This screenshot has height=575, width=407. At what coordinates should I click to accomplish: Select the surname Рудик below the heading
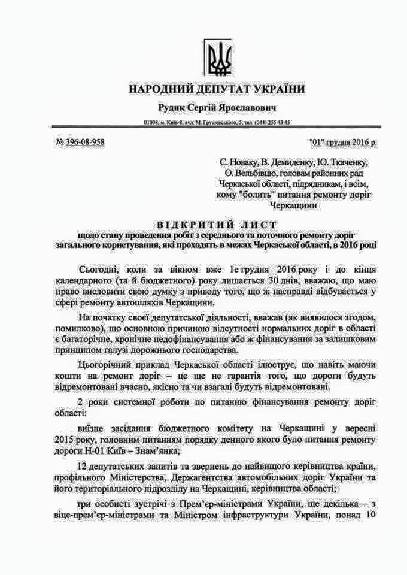click(171, 108)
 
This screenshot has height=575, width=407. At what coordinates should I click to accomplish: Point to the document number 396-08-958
click(85, 142)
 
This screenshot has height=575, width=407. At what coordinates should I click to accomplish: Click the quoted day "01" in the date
click(317, 142)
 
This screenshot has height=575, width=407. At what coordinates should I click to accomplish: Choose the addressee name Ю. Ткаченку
click(342, 162)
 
